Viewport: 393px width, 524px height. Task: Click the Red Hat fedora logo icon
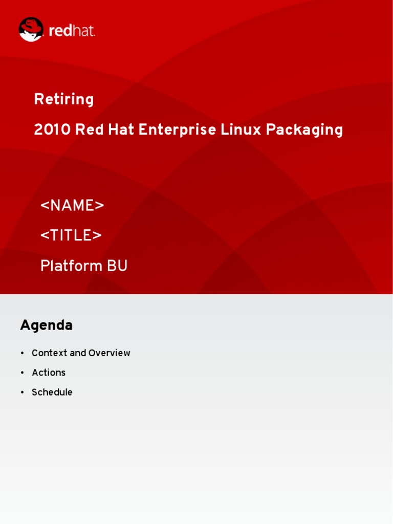tap(31, 30)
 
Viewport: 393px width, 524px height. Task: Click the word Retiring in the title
tap(64, 100)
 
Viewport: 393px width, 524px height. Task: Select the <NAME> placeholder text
tap(72, 206)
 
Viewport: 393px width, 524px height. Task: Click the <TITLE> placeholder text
tap(71, 236)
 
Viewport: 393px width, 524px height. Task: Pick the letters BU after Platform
tap(117, 266)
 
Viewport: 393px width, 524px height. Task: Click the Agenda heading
tap(47, 325)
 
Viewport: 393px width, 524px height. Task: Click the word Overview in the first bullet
tap(110, 353)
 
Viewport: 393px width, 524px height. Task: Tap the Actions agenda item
tap(49, 373)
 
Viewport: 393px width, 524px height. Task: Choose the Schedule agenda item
tap(52, 392)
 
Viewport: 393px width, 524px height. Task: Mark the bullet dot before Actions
tap(22, 373)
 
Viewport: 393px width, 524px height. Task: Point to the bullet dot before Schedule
tap(22, 393)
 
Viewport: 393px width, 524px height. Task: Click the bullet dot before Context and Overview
tap(22, 354)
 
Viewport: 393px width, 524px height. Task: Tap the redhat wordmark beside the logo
tap(72, 31)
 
